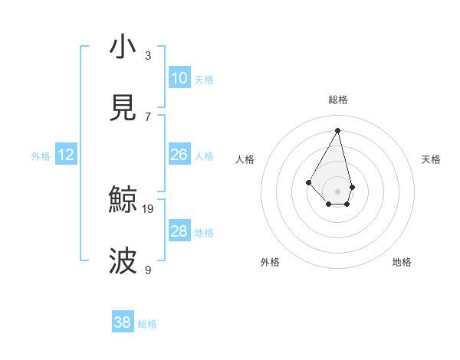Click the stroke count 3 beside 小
[x=148, y=56]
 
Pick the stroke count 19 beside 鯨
[x=148, y=208]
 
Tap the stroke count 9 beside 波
[x=148, y=270]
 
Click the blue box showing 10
[x=179, y=78]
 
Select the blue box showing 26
[x=179, y=155]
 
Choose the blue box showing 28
[x=179, y=231]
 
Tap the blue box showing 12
[x=66, y=155]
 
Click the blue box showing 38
[x=123, y=322]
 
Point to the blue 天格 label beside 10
[x=204, y=80]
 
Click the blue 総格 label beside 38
[x=147, y=324]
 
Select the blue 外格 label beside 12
[x=41, y=156]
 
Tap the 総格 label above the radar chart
[x=337, y=100]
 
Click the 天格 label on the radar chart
[x=431, y=159]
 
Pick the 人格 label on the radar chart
[x=245, y=159]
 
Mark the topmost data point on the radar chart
[x=337, y=129]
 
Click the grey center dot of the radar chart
[x=337, y=190]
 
